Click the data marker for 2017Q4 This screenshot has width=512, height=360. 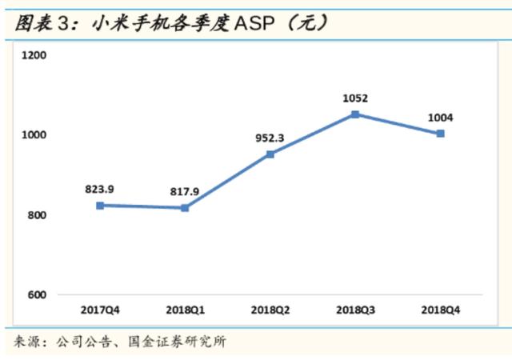coord(100,206)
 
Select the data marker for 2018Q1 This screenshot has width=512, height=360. coord(185,208)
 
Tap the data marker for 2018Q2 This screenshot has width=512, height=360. coord(270,154)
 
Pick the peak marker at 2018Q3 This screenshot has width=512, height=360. coord(355,114)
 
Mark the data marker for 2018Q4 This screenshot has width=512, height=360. coord(440,134)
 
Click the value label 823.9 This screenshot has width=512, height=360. coord(100,190)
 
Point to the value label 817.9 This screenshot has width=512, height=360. coord(185,192)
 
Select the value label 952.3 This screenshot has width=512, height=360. coord(270,138)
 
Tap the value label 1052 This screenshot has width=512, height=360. coord(355,98)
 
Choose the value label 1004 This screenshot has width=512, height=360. coord(440,118)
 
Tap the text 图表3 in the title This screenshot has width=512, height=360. coord(35,22)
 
